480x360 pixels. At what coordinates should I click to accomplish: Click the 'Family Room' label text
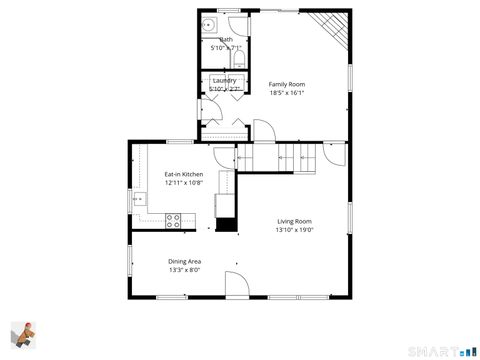[287, 84]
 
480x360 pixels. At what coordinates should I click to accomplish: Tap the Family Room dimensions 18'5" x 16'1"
[287, 93]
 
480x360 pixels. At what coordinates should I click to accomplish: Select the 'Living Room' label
[294, 221]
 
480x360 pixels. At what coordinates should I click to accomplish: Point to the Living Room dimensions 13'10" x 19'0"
[294, 230]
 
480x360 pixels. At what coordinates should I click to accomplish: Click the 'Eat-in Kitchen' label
[183, 174]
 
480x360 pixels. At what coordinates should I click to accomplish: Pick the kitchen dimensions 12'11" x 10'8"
[183, 183]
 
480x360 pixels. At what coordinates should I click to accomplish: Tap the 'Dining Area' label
[184, 261]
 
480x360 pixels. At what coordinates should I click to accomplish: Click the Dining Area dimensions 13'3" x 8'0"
[184, 270]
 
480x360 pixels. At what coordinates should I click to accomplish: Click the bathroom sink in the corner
[210, 26]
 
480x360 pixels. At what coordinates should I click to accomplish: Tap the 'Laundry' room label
[224, 80]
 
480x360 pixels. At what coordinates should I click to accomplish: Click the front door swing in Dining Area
[237, 285]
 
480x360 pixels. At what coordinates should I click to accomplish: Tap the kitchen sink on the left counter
[138, 198]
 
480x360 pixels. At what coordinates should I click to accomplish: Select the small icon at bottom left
[25, 337]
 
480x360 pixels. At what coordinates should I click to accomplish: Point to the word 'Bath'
[226, 39]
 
